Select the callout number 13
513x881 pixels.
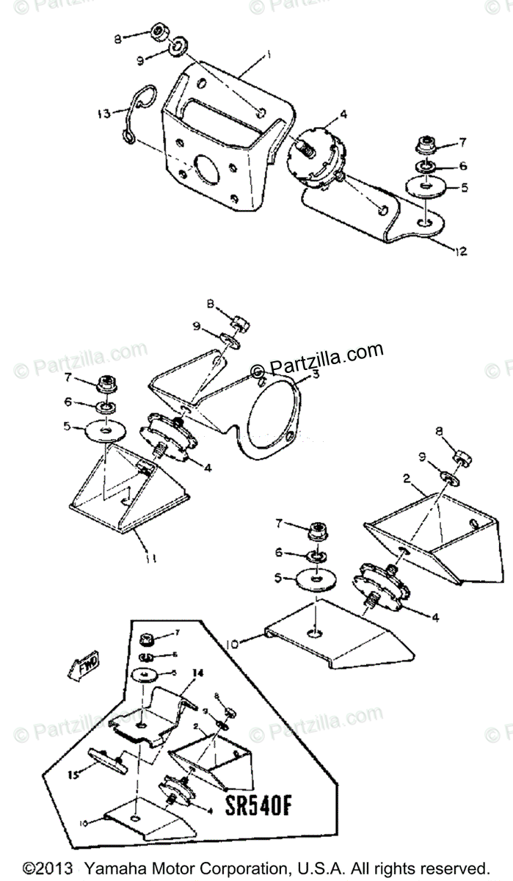point(103,113)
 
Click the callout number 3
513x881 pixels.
point(315,374)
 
